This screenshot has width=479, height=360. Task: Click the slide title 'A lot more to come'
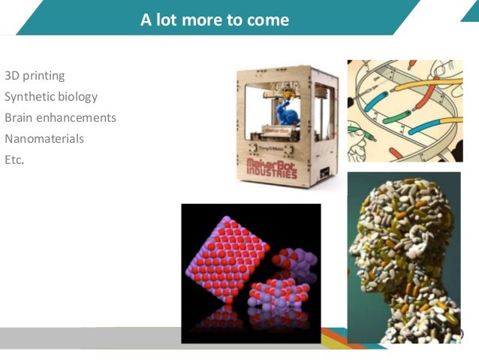[215, 20]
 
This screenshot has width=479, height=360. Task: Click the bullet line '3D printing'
[35, 76]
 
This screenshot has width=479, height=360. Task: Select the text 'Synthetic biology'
[51, 97]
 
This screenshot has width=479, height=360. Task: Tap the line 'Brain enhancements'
[60, 118]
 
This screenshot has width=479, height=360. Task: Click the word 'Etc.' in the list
[14, 160]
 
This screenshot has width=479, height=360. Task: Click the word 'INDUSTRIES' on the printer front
[272, 173]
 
